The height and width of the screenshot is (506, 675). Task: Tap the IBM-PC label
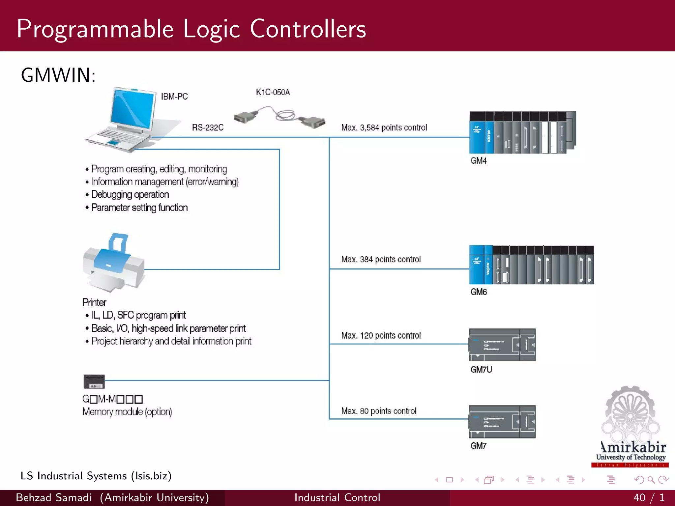point(174,97)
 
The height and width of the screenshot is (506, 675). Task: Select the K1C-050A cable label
point(273,92)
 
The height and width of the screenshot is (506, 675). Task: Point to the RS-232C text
point(208,127)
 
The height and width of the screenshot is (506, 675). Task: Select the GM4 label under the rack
point(478,161)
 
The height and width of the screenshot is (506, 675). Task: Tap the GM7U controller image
point(502,345)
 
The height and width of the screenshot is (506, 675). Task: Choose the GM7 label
point(478,446)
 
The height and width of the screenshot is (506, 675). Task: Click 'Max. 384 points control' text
point(381,259)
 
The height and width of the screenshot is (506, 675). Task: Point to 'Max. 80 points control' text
point(379,411)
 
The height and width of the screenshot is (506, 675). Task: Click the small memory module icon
point(94,382)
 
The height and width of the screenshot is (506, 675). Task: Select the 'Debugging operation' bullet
point(130,195)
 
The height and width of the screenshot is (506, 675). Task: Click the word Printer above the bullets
point(94,302)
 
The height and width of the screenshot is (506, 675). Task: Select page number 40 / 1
point(649,497)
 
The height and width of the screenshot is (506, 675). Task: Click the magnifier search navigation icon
point(651,480)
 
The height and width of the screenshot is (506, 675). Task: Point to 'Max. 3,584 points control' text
point(384,127)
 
